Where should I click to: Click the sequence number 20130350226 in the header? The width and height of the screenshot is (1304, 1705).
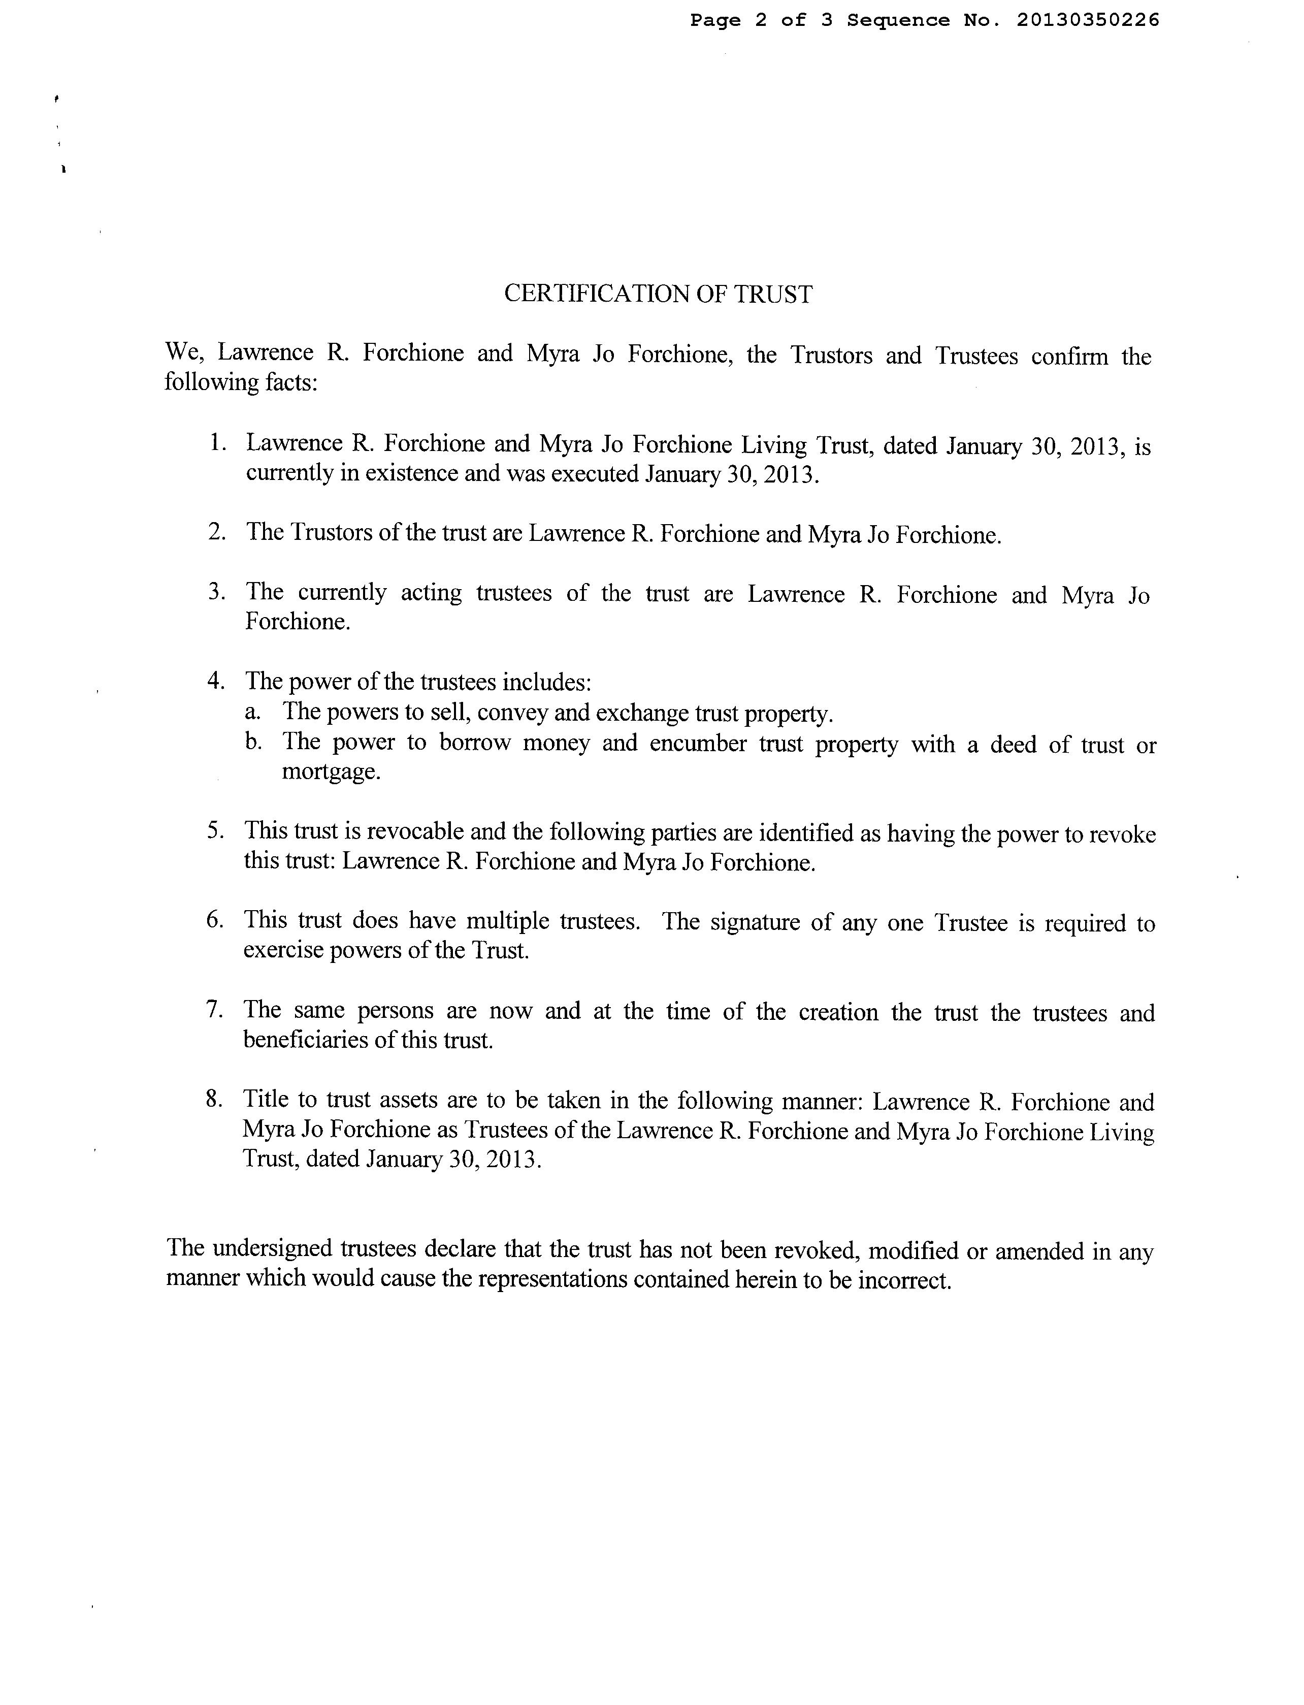[1088, 20]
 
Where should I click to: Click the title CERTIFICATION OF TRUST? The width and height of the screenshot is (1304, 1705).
[658, 294]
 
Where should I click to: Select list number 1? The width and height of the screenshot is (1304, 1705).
[216, 443]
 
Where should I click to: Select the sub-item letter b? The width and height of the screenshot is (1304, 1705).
[253, 742]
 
